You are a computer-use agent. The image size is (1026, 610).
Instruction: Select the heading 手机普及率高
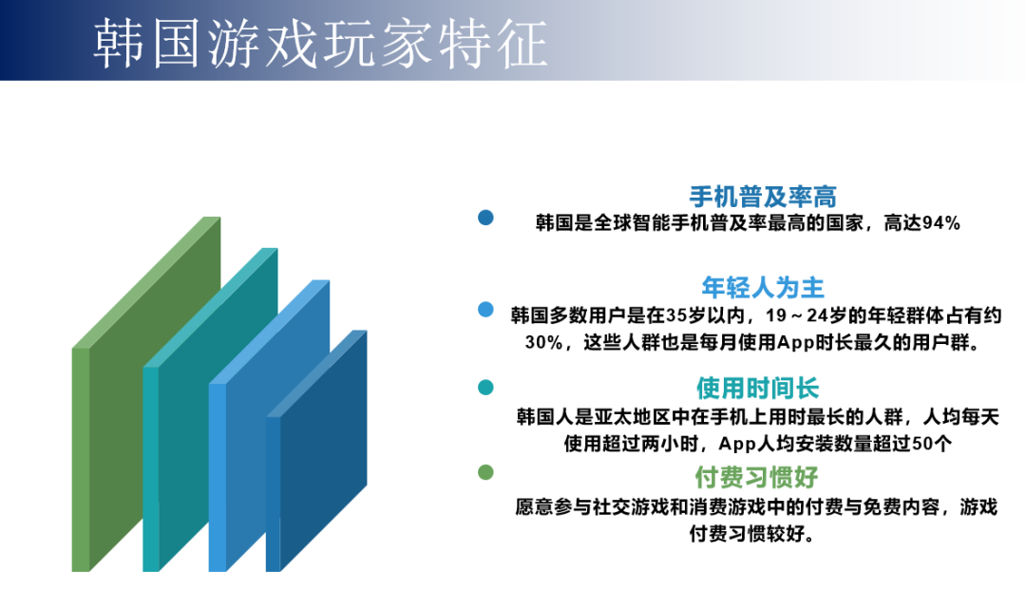point(762,197)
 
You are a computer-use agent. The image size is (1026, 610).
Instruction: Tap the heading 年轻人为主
point(762,287)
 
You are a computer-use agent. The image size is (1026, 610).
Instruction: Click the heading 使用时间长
point(757,388)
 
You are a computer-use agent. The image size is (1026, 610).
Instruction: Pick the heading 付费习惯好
point(757,477)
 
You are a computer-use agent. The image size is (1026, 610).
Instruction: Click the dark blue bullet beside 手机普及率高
point(485,218)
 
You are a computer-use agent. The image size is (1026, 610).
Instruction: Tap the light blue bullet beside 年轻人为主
point(485,309)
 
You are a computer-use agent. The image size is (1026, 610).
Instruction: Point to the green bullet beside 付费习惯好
point(485,472)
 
